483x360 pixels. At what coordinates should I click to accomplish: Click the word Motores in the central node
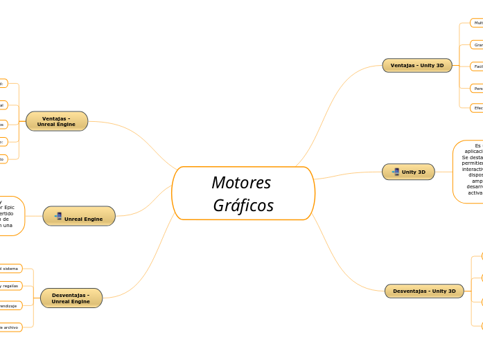241,183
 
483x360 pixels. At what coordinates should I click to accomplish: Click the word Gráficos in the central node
243,206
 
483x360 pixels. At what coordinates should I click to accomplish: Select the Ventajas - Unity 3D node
417,65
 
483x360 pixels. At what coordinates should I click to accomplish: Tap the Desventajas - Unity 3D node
424,291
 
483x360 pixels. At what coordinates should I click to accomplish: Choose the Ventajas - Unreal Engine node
57,121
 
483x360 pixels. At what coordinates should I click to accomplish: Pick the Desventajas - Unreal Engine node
71,298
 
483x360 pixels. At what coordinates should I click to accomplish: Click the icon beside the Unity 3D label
395,172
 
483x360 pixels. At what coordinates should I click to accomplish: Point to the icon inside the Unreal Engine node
58,217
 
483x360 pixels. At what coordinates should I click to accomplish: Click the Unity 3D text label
414,172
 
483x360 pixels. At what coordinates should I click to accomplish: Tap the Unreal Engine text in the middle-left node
83,219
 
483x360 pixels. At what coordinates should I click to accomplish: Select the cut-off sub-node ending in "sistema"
10,268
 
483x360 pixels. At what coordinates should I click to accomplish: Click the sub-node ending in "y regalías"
10,285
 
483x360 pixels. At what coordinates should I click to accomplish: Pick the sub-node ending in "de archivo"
10,327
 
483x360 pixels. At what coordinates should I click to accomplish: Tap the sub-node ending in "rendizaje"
10,305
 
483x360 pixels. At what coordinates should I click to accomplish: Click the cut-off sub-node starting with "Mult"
477,23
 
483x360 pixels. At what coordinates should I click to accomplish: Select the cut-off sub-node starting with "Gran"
477,44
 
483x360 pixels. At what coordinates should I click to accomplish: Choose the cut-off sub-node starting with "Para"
477,88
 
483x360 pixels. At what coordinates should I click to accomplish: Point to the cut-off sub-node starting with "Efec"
477,107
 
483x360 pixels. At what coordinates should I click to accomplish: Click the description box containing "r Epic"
11,216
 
